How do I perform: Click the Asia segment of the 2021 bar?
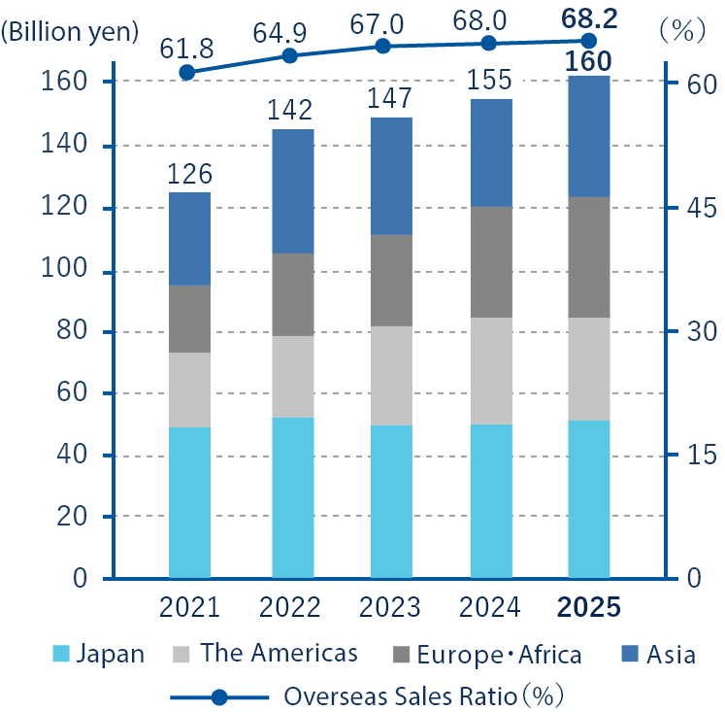pos(189,238)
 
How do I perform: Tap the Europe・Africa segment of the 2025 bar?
pos(589,257)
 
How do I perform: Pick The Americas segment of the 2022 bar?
pos(290,377)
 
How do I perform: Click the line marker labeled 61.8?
pos(187,72)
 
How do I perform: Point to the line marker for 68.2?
pos(588,40)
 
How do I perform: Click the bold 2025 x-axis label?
pos(588,608)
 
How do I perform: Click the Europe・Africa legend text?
pos(499,654)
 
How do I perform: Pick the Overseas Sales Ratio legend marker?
pos(219,696)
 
